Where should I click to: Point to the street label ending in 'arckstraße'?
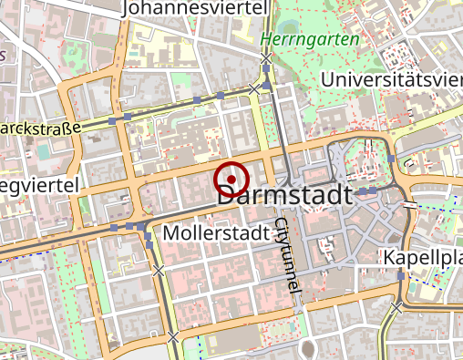41,129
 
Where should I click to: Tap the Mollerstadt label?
218,233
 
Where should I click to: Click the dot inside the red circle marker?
231,178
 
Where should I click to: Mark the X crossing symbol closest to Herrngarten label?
265,59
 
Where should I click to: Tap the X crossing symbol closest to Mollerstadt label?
159,271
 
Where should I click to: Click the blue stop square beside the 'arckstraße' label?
112,120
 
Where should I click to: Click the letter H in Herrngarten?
265,40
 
